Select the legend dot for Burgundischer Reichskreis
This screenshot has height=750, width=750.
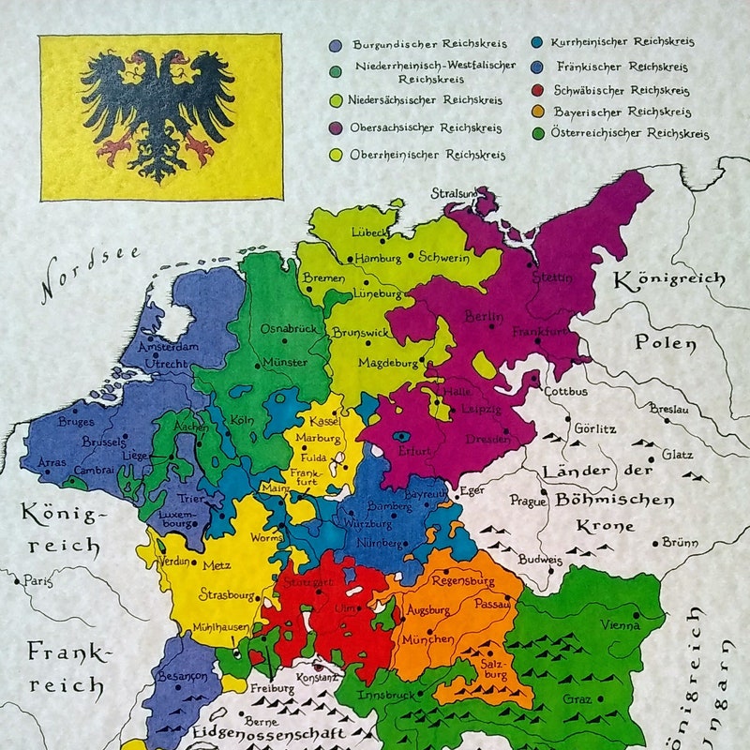pyautogui.click(x=335, y=44)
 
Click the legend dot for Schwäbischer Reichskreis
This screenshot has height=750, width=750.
pyautogui.click(x=535, y=91)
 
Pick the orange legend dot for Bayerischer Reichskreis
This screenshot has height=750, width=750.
pyautogui.click(x=535, y=112)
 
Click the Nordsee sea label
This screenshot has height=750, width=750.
pyautogui.click(x=90, y=272)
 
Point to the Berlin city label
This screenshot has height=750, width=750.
pyautogui.click(x=485, y=318)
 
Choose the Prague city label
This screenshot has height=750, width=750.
pyautogui.click(x=528, y=502)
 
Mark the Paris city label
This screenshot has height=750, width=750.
pyautogui.click(x=38, y=581)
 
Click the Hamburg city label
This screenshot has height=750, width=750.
pyautogui.click(x=378, y=258)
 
